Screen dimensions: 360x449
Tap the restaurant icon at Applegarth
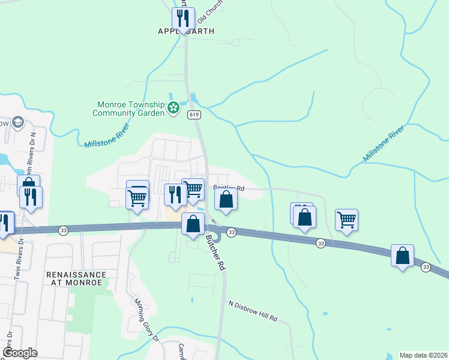[183, 18]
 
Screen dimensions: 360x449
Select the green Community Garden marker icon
[173, 108]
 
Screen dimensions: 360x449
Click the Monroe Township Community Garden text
[128, 108]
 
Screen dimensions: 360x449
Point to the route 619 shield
[193, 114]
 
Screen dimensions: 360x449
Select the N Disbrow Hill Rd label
[253, 311]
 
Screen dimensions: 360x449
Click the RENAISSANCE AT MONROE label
[76, 279]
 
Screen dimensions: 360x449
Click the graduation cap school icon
[17, 122]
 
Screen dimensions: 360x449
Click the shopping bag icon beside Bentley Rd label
[226, 199]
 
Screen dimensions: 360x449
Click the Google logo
[20, 353]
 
